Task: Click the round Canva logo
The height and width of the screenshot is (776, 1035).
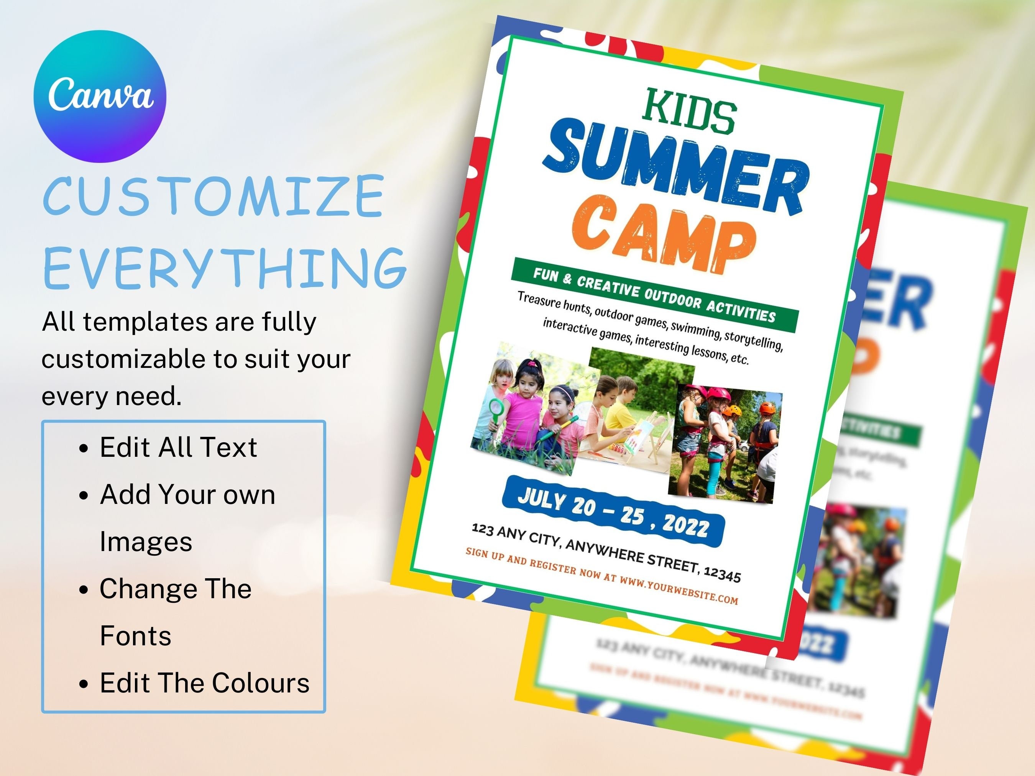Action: click(x=100, y=96)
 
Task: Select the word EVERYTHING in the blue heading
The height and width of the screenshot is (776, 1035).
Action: click(x=225, y=269)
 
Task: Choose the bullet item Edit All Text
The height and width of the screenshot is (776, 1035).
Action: click(x=178, y=447)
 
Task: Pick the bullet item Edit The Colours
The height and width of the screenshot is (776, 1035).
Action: click(x=204, y=683)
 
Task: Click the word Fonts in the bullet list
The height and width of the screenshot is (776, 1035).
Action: click(x=136, y=636)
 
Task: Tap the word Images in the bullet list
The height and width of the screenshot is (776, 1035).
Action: click(x=146, y=541)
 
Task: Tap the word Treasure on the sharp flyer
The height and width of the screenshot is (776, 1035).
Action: click(x=539, y=300)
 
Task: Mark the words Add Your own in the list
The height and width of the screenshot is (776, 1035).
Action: click(x=187, y=494)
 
